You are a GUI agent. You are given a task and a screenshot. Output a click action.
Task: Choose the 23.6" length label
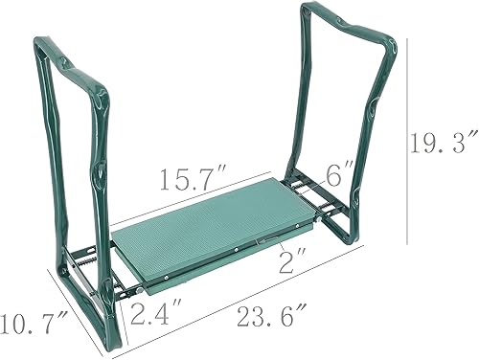261,311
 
